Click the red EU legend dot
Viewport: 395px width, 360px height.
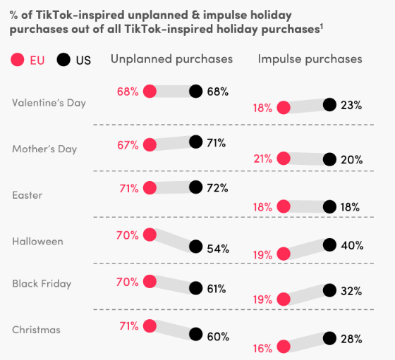(x=18, y=60)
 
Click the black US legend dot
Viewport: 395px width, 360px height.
(x=64, y=60)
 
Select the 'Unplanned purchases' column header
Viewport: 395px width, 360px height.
(x=171, y=59)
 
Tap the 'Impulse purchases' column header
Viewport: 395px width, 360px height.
(x=310, y=59)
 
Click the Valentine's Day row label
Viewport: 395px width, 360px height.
(x=49, y=103)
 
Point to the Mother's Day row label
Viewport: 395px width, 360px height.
(x=44, y=149)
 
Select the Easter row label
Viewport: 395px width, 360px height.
(x=28, y=195)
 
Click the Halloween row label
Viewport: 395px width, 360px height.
(x=37, y=241)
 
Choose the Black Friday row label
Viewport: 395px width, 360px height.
(x=42, y=284)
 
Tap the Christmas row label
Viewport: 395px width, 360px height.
(x=36, y=330)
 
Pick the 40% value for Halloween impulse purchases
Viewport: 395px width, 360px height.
(x=351, y=245)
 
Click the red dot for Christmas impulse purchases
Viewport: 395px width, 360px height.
(x=284, y=346)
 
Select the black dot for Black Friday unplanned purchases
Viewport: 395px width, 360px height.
(x=195, y=288)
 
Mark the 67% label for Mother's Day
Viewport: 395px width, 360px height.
(x=128, y=144)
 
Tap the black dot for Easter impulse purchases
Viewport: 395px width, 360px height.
(x=329, y=206)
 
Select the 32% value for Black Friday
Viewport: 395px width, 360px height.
(x=351, y=290)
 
